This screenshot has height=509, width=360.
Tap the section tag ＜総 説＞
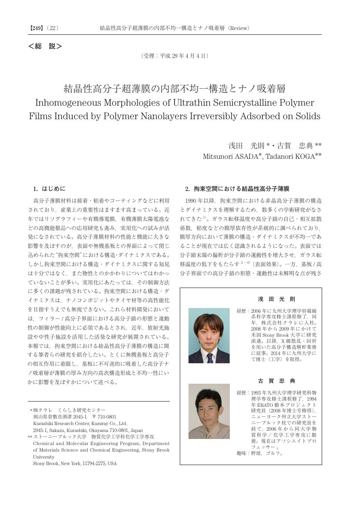(45, 46)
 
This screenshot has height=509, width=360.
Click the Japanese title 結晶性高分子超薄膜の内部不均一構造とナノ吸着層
(175, 89)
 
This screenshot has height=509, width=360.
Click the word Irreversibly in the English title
(239, 116)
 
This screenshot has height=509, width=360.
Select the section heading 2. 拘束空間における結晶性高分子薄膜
(237, 189)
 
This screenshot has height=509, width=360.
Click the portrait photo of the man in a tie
(209, 335)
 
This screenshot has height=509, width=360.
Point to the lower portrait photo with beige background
(209, 411)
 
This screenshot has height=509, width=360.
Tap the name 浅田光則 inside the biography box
(276, 299)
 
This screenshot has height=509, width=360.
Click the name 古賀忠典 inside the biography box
(276, 381)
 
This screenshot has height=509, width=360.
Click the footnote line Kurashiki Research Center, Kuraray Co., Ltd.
(80, 423)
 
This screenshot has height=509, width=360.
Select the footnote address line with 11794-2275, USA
(75, 463)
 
